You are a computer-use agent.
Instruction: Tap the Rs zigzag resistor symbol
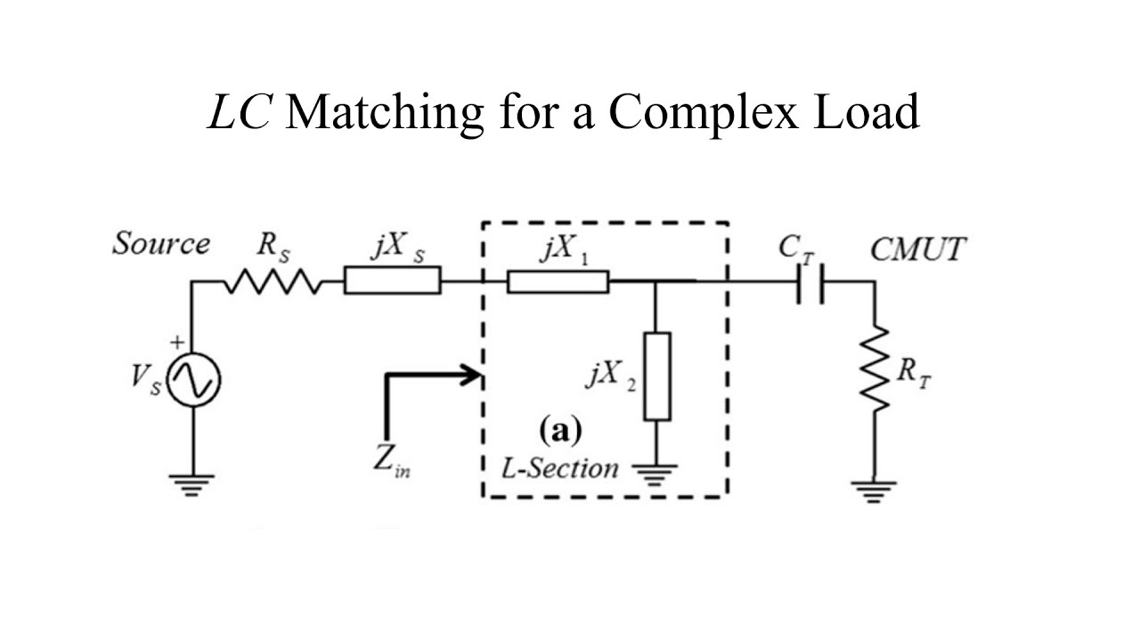[271, 282]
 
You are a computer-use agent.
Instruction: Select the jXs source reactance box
[392, 282]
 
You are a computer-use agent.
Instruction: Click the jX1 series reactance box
[558, 282]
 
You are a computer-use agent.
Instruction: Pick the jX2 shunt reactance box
[656, 376]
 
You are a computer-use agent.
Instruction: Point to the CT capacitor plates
[812, 282]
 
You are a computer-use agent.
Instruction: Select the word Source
[161, 244]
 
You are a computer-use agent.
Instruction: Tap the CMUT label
[916, 250]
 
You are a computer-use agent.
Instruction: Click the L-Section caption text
[559, 467]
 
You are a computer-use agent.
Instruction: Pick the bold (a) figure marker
[560, 431]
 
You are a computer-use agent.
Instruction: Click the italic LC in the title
[238, 113]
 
